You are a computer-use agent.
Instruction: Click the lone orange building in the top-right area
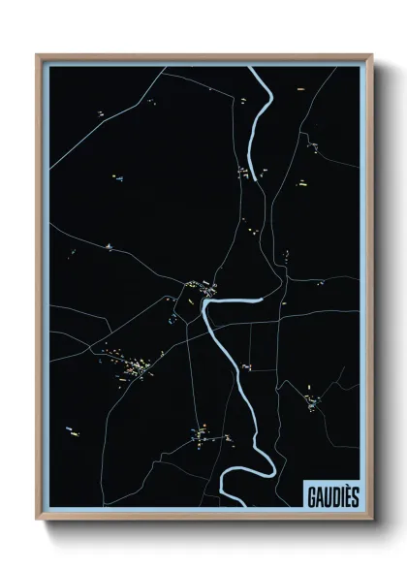tap(301, 89)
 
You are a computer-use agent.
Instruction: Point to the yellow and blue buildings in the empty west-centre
tap(117, 177)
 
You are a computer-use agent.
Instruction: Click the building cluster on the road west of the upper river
tap(243, 173)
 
